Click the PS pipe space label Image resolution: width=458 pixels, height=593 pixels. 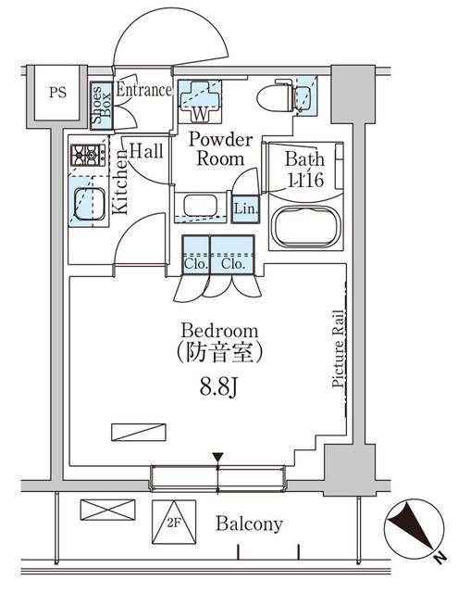coord(56,93)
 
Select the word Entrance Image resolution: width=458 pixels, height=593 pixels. coord(143,90)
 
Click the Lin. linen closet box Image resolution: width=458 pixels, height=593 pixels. coord(246,208)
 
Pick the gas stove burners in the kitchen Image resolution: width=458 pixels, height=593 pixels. coord(88,155)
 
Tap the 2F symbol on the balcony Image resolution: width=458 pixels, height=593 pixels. coord(174,520)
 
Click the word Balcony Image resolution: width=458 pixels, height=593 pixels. coord(248,524)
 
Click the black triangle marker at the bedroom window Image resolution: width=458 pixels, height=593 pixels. coord(217,458)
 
